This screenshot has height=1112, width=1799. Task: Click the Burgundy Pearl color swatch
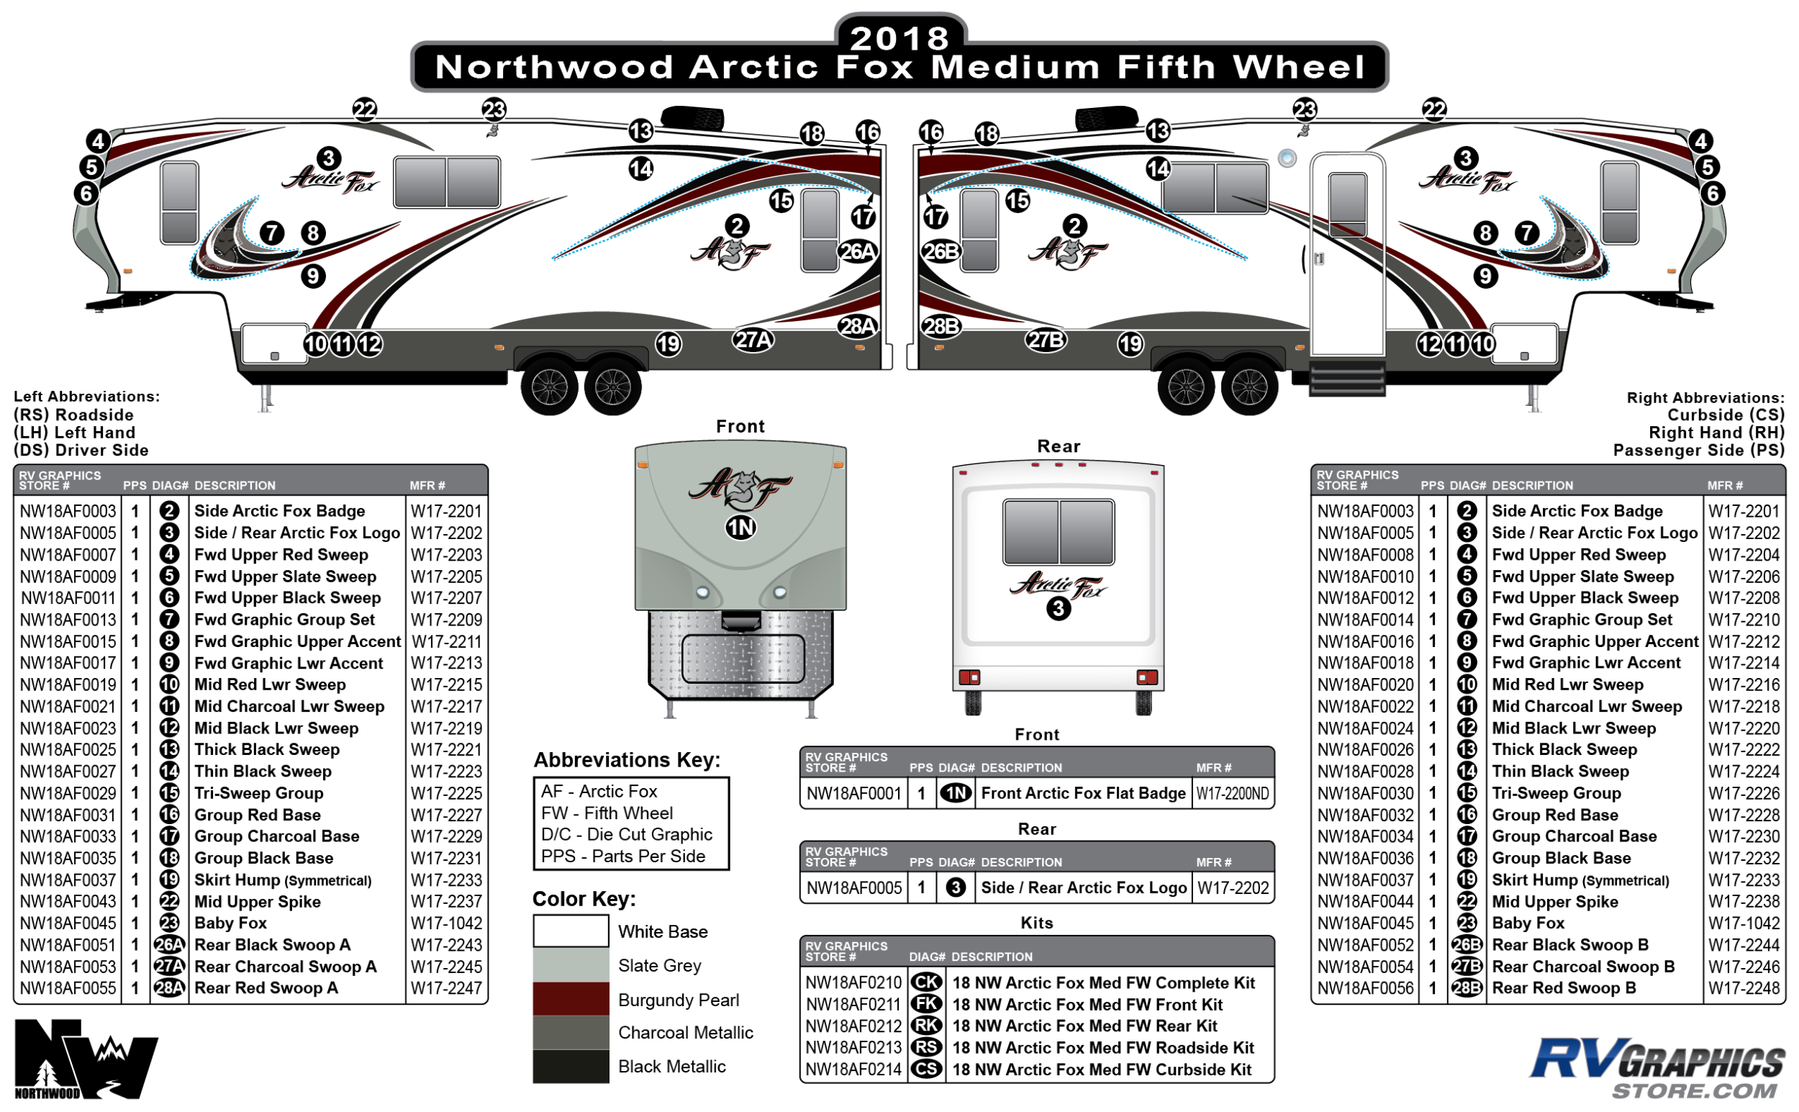click(x=571, y=1000)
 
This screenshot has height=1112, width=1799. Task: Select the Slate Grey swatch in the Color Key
click(x=571, y=965)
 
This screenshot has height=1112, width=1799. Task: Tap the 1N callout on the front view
click(x=740, y=528)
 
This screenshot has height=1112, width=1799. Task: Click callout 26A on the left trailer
click(x=857, y=251)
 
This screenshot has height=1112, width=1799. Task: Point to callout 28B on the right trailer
click(x=941, y=326)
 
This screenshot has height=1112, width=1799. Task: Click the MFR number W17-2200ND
click(x=1232, y=794)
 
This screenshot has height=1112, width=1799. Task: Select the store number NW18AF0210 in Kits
click(x=853, y=982)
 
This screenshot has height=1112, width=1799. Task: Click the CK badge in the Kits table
click(x=926, y=982)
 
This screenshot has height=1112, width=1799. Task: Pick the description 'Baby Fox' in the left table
click(x=230, y=923)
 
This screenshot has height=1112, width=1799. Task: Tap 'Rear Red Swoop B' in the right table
click(x=1564, y=987)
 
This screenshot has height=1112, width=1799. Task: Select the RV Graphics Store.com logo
click(x=1657, y=1067)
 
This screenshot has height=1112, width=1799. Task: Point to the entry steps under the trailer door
click(x=1347, y=378)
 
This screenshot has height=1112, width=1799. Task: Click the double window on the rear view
click(x=1058, y=532)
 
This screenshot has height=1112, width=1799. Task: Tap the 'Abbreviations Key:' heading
click(x=627, y=760)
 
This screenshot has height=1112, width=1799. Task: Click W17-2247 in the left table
click(x=446, y=987)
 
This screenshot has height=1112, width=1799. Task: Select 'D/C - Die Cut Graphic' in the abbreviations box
click(x=626, y=834)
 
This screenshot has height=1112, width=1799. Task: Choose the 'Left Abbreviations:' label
click(x=87, y=397)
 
